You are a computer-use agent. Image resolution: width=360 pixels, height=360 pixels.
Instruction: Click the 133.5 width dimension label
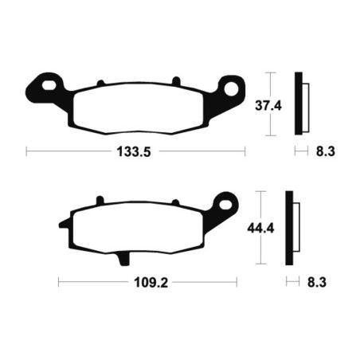pos(135,150)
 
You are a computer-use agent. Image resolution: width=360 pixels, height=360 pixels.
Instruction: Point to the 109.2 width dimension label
pos(148,282)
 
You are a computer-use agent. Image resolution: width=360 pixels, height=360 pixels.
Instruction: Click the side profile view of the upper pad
pos(300,103)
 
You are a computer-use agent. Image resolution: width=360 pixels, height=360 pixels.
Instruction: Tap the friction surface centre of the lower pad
pos(144,230)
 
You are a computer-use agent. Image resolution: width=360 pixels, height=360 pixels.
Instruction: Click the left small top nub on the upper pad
pos(100,82)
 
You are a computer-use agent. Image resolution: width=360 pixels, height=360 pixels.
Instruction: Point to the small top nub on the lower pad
pos(100,202)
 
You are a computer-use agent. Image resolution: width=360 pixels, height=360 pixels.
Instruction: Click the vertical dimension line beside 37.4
pos(272,104)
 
